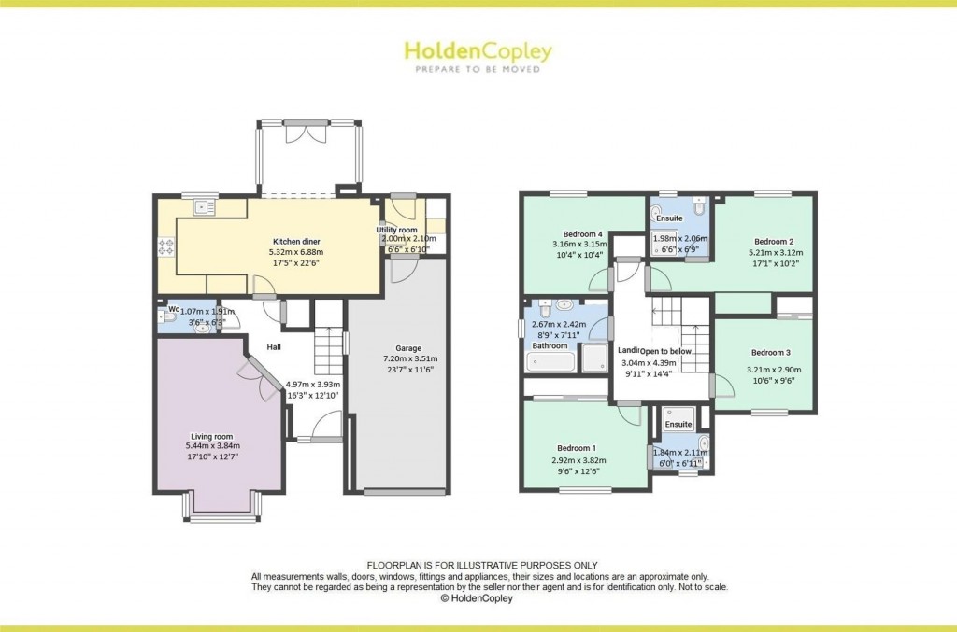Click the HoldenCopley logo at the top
coord(478,53)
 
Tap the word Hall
coord(274,347)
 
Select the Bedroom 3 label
coord(770,352)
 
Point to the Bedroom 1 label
coord(573,447)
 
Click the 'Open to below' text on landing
coord(665,350)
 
